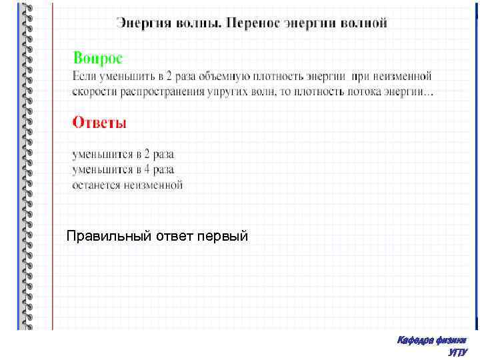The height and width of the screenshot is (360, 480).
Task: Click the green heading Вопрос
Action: point(98,58)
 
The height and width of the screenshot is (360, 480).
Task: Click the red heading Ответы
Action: point(99,123)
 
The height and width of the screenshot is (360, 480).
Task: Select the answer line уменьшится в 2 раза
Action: point(123,155)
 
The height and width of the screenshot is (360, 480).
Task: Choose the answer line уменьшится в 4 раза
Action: point(123,170)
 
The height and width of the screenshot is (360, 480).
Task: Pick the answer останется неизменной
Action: point(127,185)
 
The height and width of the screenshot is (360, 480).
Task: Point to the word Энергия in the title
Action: point(143,23)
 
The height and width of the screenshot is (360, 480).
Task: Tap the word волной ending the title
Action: point(364,23)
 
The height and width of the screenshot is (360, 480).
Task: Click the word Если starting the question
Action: point(83,76)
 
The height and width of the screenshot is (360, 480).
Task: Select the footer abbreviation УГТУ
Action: point(458,352)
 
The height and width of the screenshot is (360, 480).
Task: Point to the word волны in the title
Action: point(198,23)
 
